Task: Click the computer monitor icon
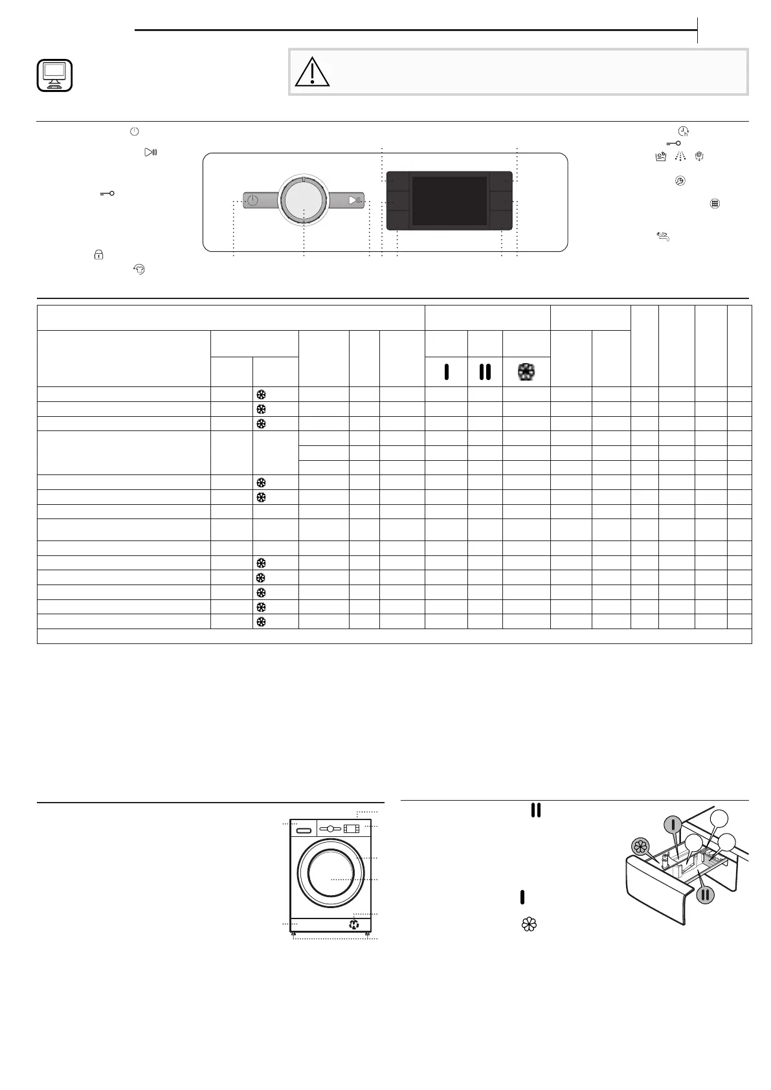click(54, 75)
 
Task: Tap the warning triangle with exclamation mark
click(312, 72)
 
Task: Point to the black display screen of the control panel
click(449, 201)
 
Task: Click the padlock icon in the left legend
click(98, 255)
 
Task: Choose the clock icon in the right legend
click(683, 131)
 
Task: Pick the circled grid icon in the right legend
click(715, 203)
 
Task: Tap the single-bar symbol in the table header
click(446, 372)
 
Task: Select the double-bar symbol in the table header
click(485, 372)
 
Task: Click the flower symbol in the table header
click(526, 372)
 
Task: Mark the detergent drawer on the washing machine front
click(302, 829)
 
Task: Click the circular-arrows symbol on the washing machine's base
click(353, 924)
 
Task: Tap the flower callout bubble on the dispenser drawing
click(640, 846)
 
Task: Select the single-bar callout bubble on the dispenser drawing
click(673, 825)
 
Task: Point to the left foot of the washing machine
click(294, 935)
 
